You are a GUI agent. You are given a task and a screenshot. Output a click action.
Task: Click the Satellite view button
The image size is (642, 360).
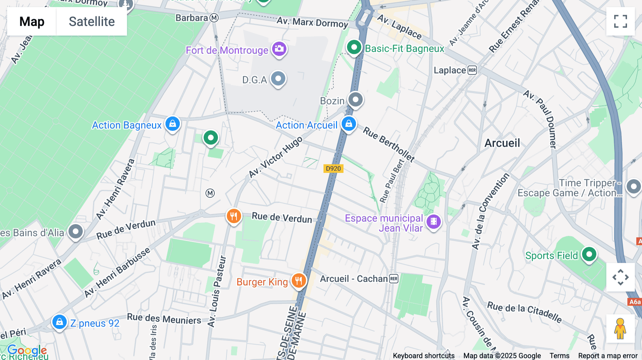click(x=92, y=21)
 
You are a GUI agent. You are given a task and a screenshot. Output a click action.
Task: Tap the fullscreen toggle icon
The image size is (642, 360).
click(x=621, y=21)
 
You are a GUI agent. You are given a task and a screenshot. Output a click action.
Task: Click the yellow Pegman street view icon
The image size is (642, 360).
click(x=620, y=329)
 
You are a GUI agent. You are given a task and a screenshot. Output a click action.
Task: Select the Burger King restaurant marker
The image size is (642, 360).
click(x=299, y=281)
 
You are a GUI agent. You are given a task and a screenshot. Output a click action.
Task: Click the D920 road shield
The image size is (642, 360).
click(x=333, y=169)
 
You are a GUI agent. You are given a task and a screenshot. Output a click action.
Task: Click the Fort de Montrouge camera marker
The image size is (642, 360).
click(x=279, y=49)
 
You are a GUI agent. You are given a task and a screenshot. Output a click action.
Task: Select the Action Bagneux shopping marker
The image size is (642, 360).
click(x=173, y=124)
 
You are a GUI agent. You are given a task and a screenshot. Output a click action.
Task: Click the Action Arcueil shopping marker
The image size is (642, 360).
click(x=348, y=124)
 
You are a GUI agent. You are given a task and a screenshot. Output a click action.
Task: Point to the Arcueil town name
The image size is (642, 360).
click(x=502, y=143)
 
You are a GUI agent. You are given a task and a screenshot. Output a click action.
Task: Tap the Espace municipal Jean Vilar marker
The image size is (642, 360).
click(x=433, y=222)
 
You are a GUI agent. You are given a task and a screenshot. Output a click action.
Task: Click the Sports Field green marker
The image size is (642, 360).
click(x=589, y=254)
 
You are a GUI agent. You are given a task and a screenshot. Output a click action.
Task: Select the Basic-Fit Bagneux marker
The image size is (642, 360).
click(x=354, y=47)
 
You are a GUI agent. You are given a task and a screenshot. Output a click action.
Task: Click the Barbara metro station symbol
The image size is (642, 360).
click(x=214, y=18)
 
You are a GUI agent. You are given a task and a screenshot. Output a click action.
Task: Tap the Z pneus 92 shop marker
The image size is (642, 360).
click(x=60, y=322)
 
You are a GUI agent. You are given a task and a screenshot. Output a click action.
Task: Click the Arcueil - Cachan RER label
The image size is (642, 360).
click(x=358, y=279)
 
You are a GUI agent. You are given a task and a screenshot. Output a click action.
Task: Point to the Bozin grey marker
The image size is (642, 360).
click(x=355, y=100)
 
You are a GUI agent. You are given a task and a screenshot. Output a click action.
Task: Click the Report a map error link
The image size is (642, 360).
click(x=608, y=356)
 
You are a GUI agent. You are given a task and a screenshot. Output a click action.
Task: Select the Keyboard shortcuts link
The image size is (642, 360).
click(x=423, y=356)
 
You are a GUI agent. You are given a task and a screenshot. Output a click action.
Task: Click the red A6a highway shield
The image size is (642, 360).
click(x=635, y=302)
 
